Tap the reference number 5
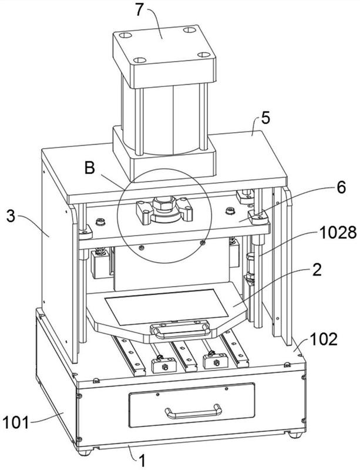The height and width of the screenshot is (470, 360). (x=265, y=118)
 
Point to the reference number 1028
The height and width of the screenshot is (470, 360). (x=338, y=233)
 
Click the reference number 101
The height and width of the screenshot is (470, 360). (x=16, y=422)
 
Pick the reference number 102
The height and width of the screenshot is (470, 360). (x=324, y=340)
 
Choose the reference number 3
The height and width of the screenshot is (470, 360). (x=11, y=216)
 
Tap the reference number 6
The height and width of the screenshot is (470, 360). (x=341, y=187)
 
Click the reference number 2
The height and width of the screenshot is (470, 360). (x=317, y=270)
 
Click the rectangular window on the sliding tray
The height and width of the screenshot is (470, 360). (x=166, y=306)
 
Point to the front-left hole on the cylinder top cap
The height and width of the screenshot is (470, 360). (x=140, y=61)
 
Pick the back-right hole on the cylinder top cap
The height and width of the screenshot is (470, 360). (x=190, y=30)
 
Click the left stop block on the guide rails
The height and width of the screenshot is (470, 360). (x=164, y=365)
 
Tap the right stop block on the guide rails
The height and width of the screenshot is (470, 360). (x=216, y=361)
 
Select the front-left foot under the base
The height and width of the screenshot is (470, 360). (x=86, y=452)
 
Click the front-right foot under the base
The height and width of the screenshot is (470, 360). (x=296, y=434)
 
